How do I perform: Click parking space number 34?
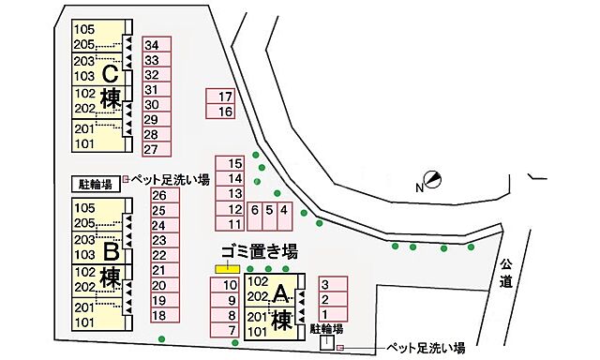pyautogui.click(x=156, y=45)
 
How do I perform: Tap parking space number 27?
pyautogui.click(x=156, y=150)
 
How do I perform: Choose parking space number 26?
pyautogui.click(x=163, y=195)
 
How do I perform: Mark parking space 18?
pyautogui.click(x=163, y=316)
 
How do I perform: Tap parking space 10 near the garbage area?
pyautogui.click(x=226, y=285)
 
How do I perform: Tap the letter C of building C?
pyautogui.click(x=110, y=72)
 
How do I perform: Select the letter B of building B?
pyautogui.click(x=110, y=252)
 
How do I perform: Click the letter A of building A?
pyautogui.click(x=279, y=294)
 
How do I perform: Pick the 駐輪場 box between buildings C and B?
pyautogui.click(x=95, y=185)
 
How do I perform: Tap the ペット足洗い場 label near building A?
pyautogui.click(x=426, y=349)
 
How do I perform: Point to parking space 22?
pyautogui.click(x=163, y=255)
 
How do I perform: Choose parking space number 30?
pyautogui.click(x=156, y=105)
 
